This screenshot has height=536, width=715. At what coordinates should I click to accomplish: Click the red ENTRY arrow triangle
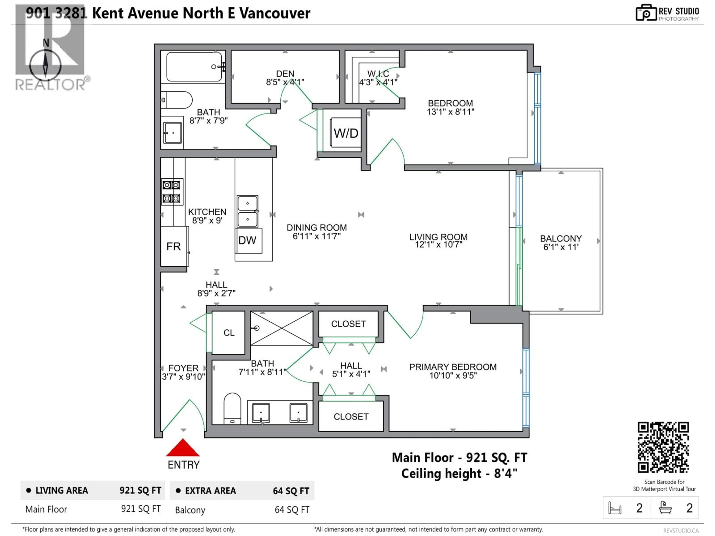tap(183, 448)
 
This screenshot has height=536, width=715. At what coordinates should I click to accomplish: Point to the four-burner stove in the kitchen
tap(172, 192)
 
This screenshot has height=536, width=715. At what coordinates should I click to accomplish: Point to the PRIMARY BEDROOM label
tap(452, 367)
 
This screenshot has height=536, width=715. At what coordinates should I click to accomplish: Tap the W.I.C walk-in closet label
tap(378, 74)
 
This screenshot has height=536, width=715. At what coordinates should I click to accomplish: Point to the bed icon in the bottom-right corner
tap(614, 508)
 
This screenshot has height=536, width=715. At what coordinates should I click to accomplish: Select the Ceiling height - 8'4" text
tap(459, 474)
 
